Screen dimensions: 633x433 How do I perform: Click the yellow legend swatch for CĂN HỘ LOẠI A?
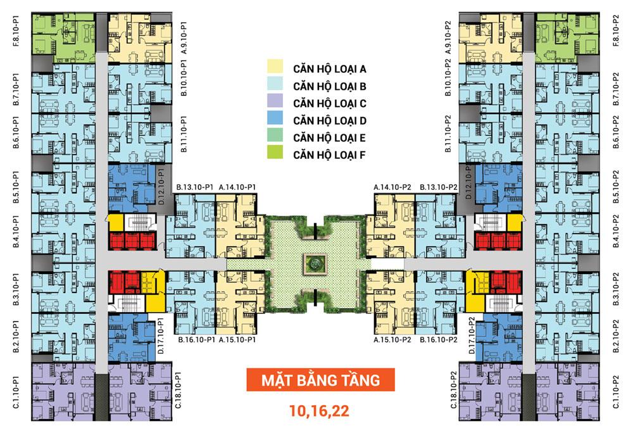click(x=275, y=67)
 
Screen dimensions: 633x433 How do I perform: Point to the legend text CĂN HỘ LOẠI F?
click(x=329, y=155)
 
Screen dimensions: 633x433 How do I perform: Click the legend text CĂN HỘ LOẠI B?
click(x=330, y=86)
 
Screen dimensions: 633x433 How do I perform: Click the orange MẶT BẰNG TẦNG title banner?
click(x=320, y=380)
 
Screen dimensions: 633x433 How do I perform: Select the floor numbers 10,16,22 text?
click(x=319, y=411)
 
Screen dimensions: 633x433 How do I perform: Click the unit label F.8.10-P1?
click(x=16, y=30)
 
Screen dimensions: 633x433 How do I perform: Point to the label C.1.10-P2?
click(x=616, y=392)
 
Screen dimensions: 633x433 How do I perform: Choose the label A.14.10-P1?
click(x=237, y=187)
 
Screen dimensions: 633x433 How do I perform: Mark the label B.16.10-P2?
click(x=439, y=340)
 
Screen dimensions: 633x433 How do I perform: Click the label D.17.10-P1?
click(x=160, y=336)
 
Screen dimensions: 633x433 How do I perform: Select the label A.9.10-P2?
click(x=448, y=37)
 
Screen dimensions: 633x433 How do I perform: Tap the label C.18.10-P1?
click(x=178, y=390)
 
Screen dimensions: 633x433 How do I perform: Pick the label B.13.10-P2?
click(x=439, y=187)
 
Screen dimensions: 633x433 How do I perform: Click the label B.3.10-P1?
click(x=16, y=289)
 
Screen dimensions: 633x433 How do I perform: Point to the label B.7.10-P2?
click(x=616, y=89)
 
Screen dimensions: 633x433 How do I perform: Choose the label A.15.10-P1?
click(x=237, y=340)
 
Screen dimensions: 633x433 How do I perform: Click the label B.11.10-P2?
click(x=448, y=134)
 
